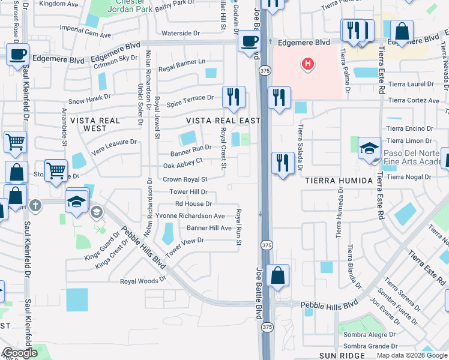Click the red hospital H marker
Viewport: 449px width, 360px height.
pyautogui.click(x=307, y=64)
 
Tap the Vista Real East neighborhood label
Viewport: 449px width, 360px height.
pyautogui.click(x=223, y=121)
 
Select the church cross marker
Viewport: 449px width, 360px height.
pyautogui.click(x=35, y=205)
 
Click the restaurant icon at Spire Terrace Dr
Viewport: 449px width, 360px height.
pyautogui.click(x=233, y=97)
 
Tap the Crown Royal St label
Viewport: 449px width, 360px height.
pyautogui.click(x=185, y=179)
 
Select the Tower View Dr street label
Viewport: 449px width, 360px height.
pyautogui.click(x=185, y=244)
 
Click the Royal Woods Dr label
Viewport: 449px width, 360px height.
pyautogui.click(x=143, y=280)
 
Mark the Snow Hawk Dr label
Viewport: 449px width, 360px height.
pyautogui.click(x=89, y=102)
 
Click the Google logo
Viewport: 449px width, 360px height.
pyautogui.click(x=20, y=353)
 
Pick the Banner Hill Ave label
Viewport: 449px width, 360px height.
pyautogui.click(x=209, y=228)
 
